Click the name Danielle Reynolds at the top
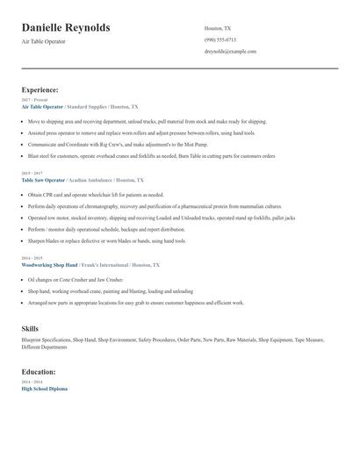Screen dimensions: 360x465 (66, 28)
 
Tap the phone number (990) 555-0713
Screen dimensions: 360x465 (220, 39)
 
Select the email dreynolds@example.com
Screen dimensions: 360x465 (230, 52)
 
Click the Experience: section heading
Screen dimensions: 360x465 (40, 89)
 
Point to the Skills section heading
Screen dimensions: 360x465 (30, 328)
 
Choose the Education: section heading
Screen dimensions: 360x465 (40, 371)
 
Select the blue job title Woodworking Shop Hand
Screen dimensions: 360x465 (50, 264)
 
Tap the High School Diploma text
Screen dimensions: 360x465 (44, 389)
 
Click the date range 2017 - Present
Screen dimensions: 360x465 (34, 100)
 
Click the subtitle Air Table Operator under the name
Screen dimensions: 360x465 (44, 41)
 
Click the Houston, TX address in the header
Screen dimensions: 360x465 (218, 28)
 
